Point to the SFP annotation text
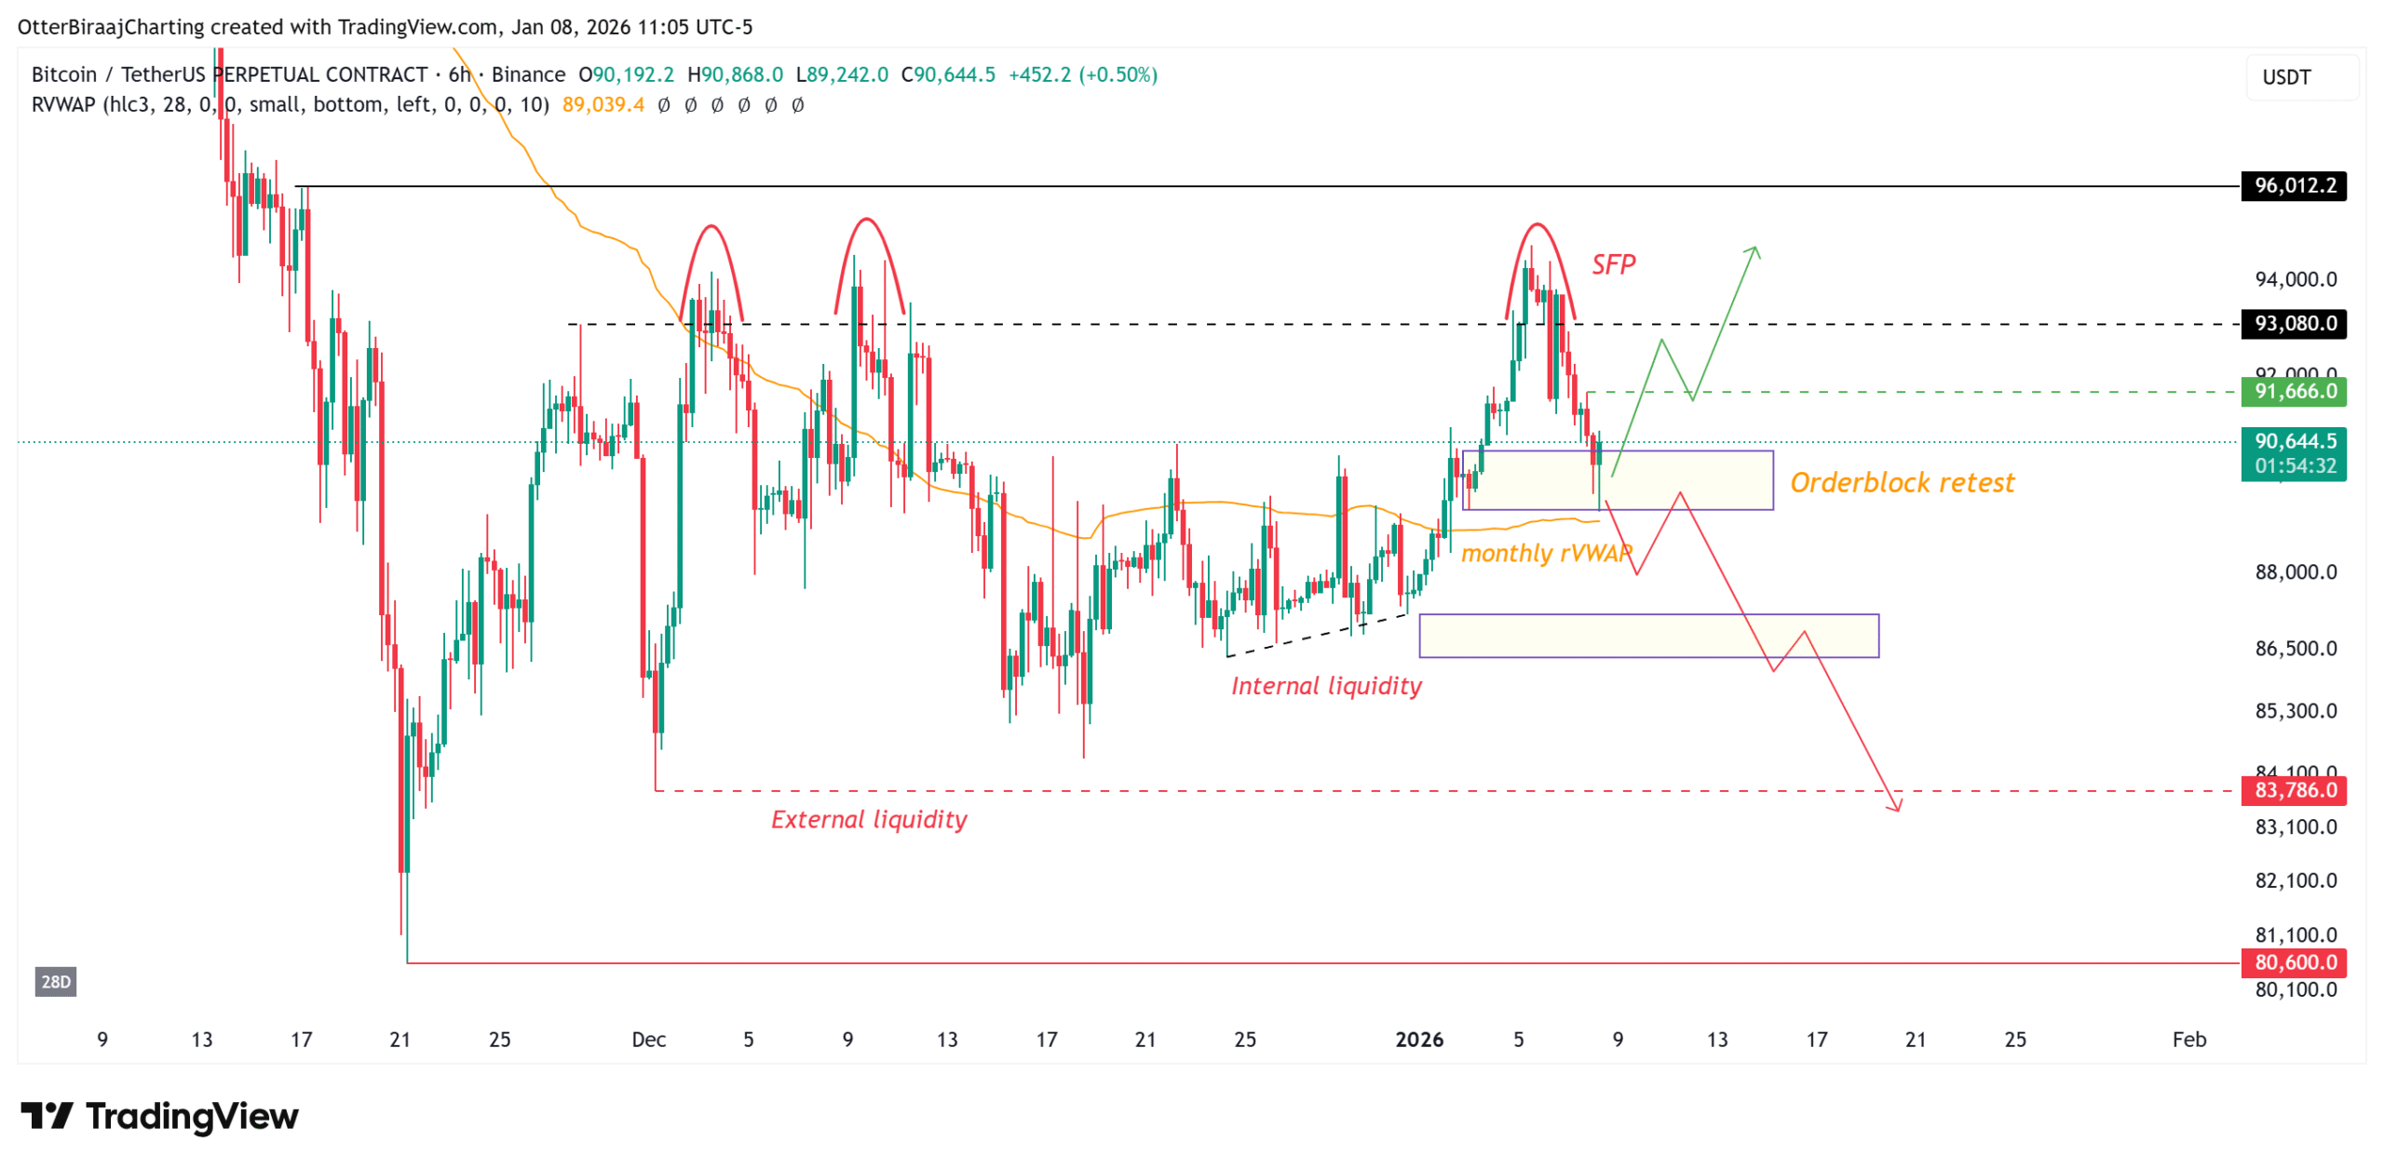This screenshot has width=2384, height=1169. [1612, 265]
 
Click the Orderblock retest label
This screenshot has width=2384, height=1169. [1901, 482]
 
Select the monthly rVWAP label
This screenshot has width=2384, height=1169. [1545, 554]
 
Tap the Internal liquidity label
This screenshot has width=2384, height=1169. [1325, 686]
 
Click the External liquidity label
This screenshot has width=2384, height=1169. [868, 819]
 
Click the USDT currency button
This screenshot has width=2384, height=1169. [2286, 77]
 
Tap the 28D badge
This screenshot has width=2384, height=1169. [56, 981]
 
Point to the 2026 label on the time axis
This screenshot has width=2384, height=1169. [1418, 1040]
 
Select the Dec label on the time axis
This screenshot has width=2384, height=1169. [648, 1040]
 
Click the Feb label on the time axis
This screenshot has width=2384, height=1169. [2188, 1040]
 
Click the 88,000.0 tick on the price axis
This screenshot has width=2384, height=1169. [2295, 572]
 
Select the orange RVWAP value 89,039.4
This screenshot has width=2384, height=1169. [603, 104]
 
